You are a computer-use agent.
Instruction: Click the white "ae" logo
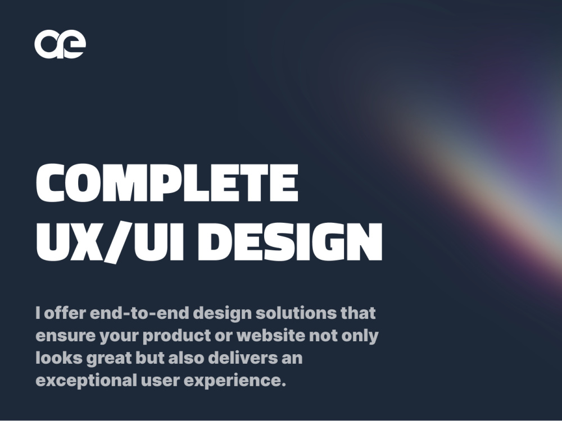(60, 44)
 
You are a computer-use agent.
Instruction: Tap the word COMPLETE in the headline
(167, 182)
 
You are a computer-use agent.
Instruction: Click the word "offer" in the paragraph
(62, 313)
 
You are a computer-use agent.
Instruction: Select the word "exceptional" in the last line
(85, 381)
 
